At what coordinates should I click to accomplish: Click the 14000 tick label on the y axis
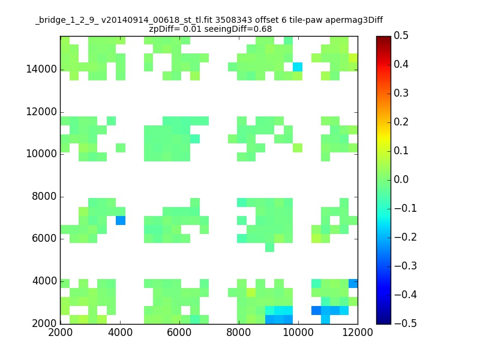point(41,69)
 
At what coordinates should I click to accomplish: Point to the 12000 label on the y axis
point(41,112)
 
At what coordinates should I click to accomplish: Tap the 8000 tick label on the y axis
point(44,196)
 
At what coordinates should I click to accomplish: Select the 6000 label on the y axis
point(44,238)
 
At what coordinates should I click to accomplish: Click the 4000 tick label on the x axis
point(121,332)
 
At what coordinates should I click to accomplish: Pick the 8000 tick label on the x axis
point(239,332)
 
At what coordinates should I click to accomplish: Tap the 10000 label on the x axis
point(298,332)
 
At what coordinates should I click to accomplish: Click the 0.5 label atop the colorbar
point(401,35)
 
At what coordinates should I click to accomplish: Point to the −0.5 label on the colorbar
point(406,323)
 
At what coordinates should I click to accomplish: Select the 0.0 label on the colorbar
point(401,179)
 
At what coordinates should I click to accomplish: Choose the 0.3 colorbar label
point(401,93)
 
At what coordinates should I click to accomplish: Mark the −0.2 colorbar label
point(406,237)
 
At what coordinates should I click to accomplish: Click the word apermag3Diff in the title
point(354,20)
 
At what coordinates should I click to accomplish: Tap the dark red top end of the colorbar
point(384,38)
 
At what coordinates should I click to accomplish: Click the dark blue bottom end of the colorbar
point(384,322)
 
